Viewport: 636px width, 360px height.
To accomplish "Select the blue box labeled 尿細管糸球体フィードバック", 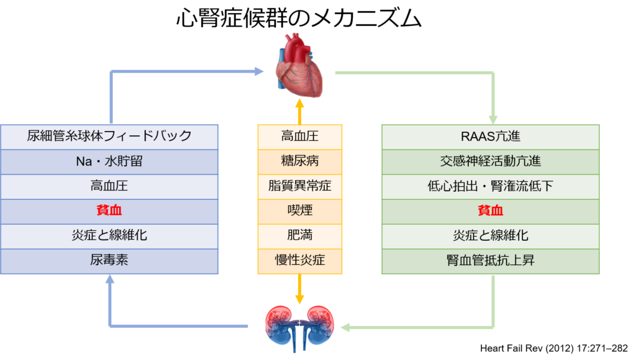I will click(109, 137).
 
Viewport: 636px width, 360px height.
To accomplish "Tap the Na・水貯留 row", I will click(109, 161).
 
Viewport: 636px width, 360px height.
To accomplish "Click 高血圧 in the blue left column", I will click(109, 186).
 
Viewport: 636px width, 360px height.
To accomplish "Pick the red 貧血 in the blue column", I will click(109, 211).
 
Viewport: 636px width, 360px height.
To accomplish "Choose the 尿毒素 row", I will click(109, 261).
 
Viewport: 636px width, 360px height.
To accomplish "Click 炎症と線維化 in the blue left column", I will click(109, 236).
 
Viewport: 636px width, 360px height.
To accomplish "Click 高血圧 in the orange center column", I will click(300, 137).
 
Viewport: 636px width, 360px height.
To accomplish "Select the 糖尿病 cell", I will click(300, 161).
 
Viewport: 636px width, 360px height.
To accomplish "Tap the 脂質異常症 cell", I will click(300, 186).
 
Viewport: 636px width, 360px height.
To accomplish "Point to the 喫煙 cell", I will click(300, 211).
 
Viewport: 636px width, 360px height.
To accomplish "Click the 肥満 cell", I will click(300, 236).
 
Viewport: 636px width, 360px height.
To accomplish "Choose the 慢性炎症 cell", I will click(300, 261).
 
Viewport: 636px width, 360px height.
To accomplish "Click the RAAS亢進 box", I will click(490, 137).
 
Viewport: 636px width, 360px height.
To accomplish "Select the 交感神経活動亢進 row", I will click(490, 161).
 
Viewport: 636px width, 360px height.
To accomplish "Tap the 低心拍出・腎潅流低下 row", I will click(490, 186).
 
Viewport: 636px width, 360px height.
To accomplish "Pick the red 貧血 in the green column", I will click(490, 211).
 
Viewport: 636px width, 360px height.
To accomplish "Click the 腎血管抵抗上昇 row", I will click(490, 261).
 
